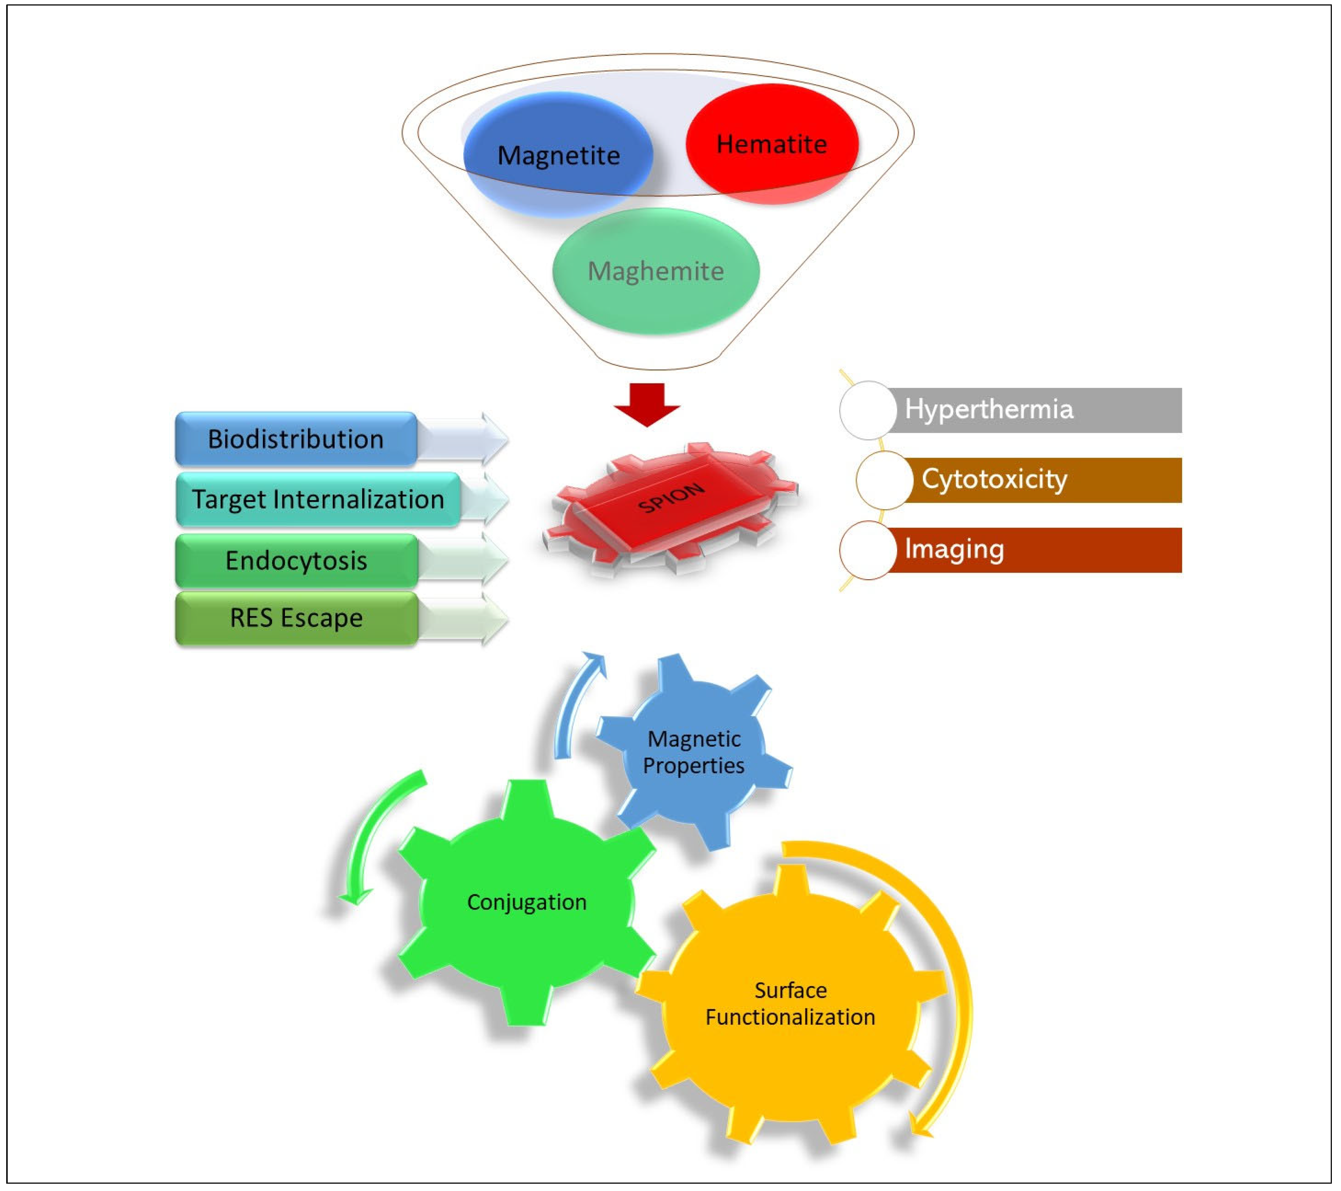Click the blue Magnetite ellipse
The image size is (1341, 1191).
click(x=558, y=155)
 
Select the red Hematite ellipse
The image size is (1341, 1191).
click(x=772, y=144)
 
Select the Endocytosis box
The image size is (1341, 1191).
click(x=296, y=561)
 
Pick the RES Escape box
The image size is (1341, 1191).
click(x=296, y=618)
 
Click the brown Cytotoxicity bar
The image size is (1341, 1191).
click(x=1043, y=480)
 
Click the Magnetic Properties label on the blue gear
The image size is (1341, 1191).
click(x=694, y=752)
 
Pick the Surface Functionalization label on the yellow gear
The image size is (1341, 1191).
click(x=790, y=1003)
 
